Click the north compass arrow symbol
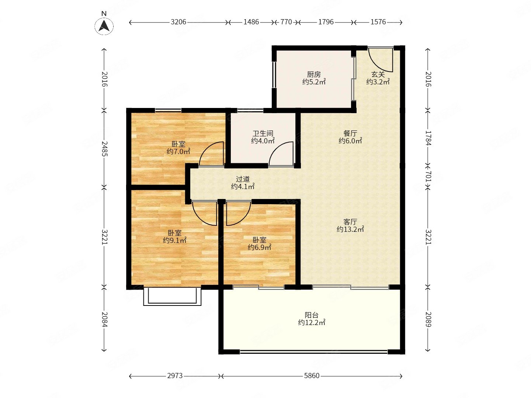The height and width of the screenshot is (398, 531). point(104,26)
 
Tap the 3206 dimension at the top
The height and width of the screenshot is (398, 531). point(178,22)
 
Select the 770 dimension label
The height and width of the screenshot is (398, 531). point(286,22)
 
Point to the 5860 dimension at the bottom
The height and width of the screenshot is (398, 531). point(312,376)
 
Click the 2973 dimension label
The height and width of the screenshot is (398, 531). point(175,376)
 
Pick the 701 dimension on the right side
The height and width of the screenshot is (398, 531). point(428,177)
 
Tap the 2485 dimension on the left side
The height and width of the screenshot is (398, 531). point(104,149)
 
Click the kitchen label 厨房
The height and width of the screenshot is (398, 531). point(314,74)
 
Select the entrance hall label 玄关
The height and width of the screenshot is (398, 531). point(378,74)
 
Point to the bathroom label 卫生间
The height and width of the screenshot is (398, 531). point(263,133)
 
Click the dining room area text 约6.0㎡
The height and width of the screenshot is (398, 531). point(350,141)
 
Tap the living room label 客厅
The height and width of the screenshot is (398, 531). point(350,221)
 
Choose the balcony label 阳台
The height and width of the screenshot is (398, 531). point(311,315)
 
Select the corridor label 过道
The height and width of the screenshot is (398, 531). point(243,179)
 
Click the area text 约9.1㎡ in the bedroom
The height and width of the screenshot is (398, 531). point(174,240)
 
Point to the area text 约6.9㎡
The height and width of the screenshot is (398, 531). point(259,247)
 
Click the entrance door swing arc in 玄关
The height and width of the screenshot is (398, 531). point(376,65)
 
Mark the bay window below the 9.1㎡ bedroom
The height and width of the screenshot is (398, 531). point(172,297)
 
